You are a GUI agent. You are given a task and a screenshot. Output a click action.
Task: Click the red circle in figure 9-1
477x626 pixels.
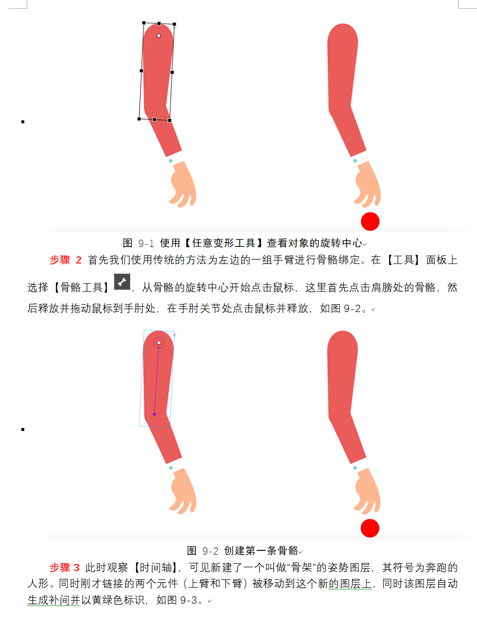(370, 221)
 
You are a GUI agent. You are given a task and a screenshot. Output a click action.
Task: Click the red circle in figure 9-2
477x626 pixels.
(370, 528)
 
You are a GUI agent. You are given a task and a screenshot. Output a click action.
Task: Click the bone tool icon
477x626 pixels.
(122, 281)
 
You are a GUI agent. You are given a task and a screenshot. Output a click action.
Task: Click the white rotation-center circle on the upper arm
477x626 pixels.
(159, 35)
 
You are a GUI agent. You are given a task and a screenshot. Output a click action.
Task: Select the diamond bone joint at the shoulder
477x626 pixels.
(159, 343)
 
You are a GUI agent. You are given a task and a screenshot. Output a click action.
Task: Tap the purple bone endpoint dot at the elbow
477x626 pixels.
(154, 414)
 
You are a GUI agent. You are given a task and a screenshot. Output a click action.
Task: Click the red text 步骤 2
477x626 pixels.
(66, 260)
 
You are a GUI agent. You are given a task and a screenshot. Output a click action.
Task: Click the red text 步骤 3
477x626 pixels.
(65, 568)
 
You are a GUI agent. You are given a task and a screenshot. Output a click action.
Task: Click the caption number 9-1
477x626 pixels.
(146, 243)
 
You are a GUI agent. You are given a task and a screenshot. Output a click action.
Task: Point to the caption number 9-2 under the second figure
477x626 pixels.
(210, 551)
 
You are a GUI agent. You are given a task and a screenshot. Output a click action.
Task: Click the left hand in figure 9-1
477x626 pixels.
(183, 184)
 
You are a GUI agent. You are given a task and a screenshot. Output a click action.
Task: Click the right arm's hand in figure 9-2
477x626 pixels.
(367, 491)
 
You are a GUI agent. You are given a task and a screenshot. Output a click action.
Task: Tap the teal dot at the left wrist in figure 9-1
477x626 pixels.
(170, 161)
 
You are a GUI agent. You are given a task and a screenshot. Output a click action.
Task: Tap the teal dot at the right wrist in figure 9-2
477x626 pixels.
(355, 468)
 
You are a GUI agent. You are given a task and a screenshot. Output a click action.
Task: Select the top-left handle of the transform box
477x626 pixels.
(144, 23)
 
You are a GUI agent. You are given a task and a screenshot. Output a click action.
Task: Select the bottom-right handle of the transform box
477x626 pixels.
(170, 121)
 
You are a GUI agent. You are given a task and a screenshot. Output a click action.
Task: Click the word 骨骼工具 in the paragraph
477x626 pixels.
(81, 287)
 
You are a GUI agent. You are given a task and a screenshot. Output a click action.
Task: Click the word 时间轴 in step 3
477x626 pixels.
(155, 568)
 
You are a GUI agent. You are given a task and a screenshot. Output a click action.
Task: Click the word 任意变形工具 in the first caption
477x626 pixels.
(223, 243)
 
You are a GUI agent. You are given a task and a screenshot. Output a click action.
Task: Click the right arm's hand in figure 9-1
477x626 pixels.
(368, 184)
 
